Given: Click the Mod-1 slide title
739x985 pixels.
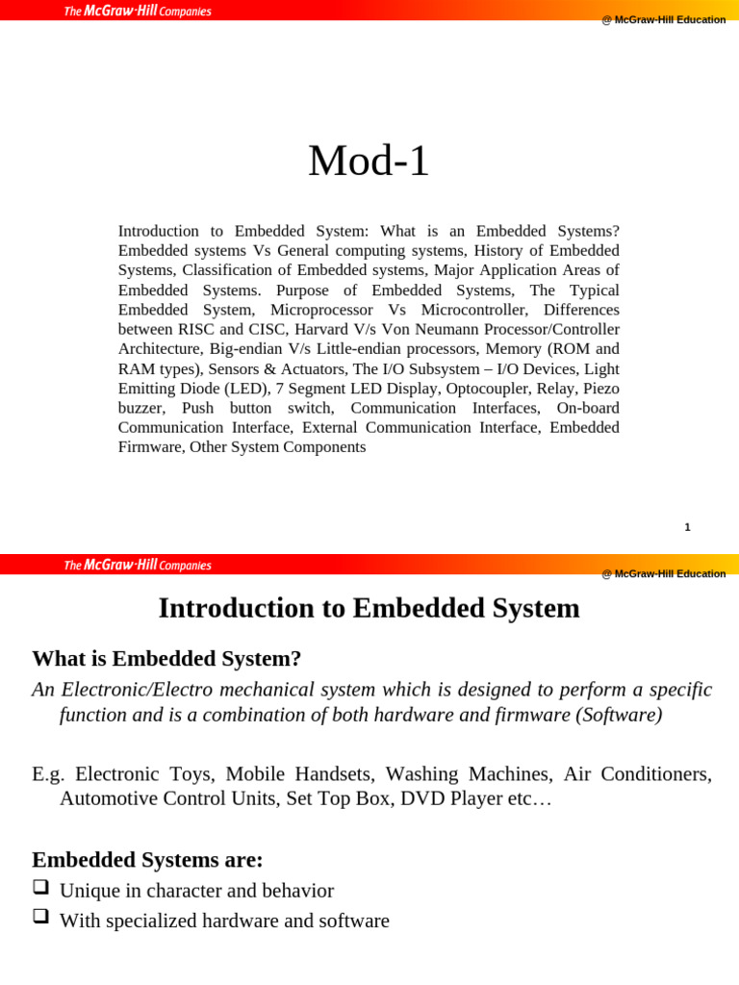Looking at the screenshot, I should [369, 162].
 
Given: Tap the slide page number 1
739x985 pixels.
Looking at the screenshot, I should [687, 527].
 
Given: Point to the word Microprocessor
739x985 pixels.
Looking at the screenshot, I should [322, 310].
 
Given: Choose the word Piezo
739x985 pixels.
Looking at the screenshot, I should [599, 389].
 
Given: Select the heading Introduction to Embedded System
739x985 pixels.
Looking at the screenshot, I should [369, 608].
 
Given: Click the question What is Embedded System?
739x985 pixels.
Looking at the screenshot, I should [166, 659].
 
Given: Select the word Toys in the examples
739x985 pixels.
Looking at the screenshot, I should [192, 774].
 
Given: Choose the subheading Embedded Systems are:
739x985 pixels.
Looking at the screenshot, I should [147, 860].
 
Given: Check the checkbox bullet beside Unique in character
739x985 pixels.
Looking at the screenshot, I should [40, 888].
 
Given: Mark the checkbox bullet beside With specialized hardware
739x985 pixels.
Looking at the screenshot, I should [40, 918].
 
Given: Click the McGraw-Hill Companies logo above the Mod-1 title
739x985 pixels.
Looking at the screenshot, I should [138, 12].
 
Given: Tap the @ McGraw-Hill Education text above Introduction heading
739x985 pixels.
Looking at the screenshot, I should [663, 574].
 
